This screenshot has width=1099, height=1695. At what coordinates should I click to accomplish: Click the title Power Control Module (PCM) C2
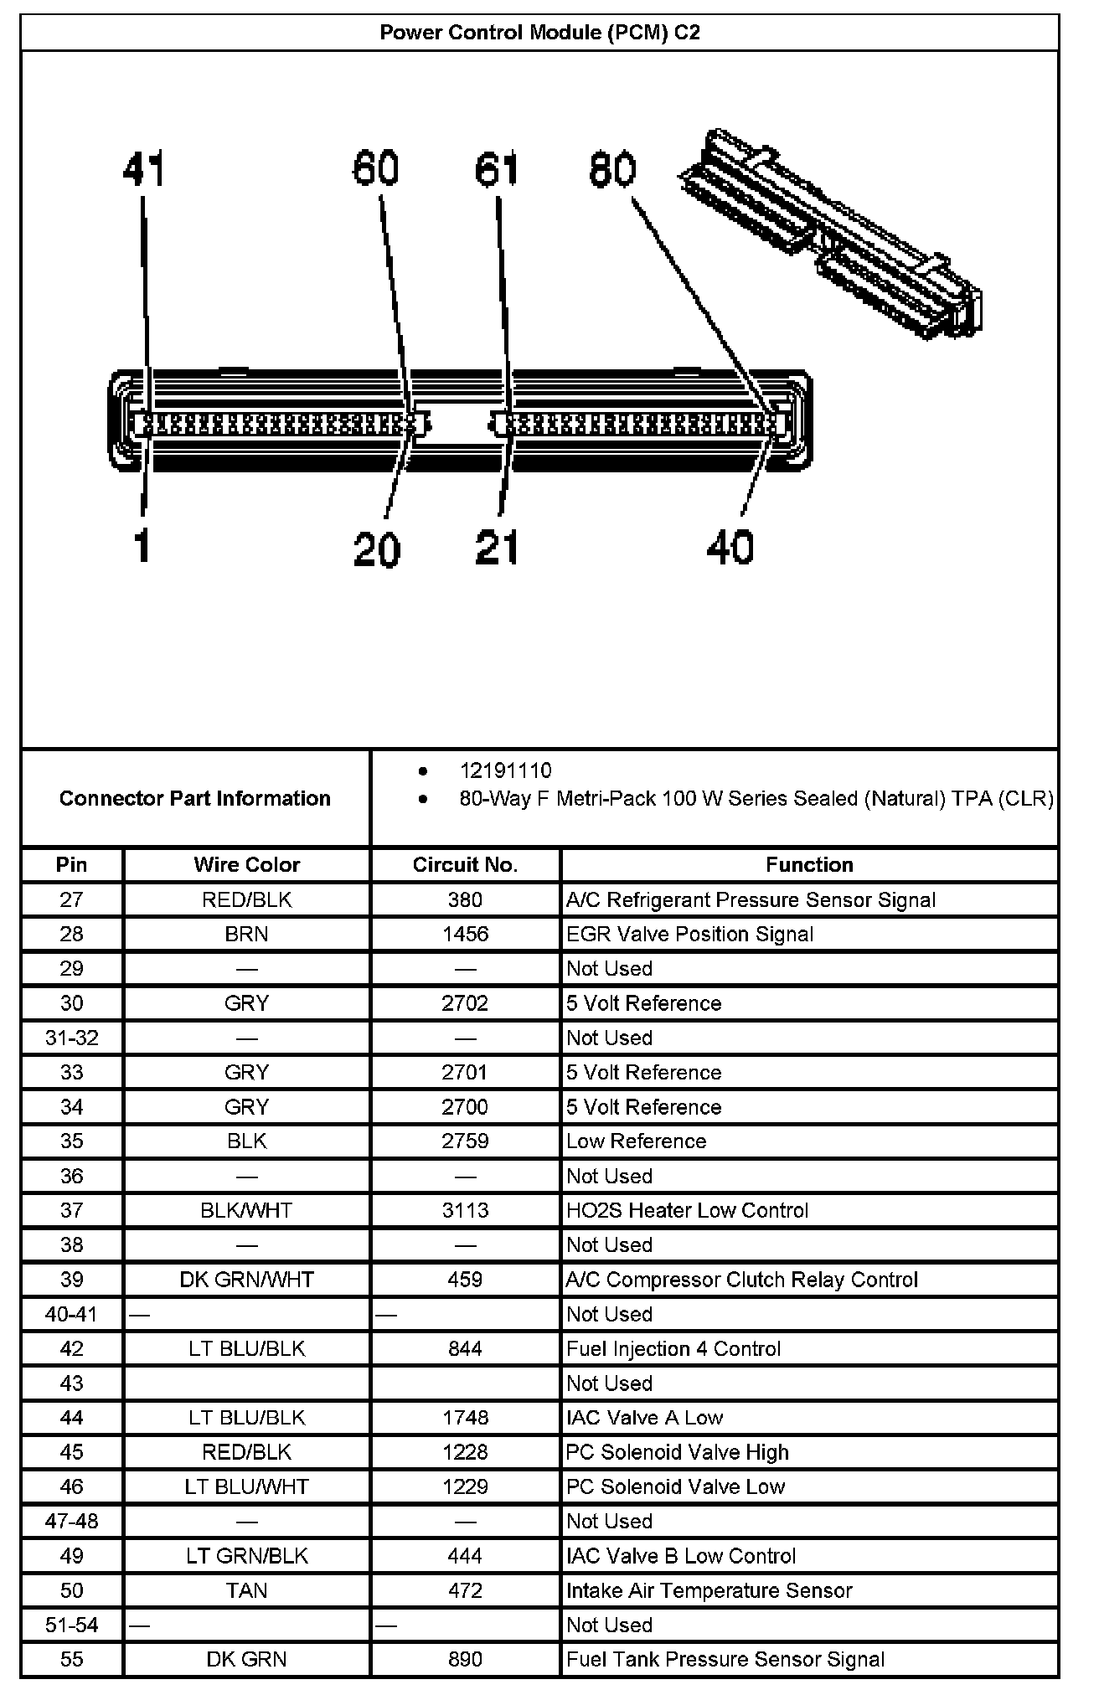coord(539,33)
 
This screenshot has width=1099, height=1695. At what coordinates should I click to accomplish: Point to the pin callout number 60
coord(374,167)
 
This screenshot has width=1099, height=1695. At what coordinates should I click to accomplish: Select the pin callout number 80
coord(612,169)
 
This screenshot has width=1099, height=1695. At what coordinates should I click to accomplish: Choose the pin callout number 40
coord(730,547)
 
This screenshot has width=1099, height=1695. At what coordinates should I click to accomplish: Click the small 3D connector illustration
coord(829,234)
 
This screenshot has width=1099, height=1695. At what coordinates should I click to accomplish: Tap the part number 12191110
coord(505,770)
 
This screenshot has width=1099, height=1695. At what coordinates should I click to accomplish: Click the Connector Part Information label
coord(194,798)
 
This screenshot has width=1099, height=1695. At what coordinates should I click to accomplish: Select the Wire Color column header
coord(246,864)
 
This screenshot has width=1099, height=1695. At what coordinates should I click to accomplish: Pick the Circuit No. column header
coord(465,864)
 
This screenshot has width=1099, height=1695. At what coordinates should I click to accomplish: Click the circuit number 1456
coord(465,934)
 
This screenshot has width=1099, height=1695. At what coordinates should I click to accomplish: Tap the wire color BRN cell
coord(246,934)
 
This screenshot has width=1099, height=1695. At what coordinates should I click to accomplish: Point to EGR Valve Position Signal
coord(689,934)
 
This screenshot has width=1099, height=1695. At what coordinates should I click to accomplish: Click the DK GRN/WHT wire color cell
coord(246,1280)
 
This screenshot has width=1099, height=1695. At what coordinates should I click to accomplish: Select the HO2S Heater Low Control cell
coord(687,1210)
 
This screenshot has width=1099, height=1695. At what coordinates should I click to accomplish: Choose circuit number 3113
coord(465,1210)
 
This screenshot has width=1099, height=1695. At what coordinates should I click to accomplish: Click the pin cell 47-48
coord(72,1521)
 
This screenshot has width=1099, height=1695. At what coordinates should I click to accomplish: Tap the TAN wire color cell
coord(246,1590)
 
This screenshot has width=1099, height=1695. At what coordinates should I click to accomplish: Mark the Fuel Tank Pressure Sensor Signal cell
coord(725,1659)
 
